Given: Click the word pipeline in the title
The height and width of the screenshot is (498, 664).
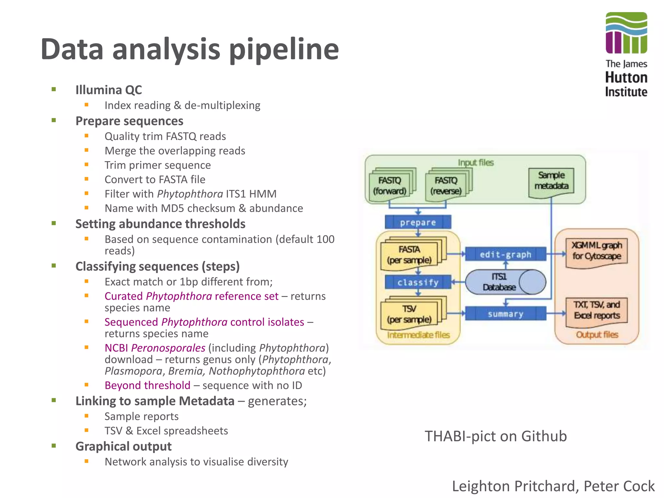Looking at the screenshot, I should (x=284, y=49).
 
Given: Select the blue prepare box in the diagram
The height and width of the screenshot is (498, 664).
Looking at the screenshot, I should (x=418, y=222).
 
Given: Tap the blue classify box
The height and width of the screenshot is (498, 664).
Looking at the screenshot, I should (x=418, y=282).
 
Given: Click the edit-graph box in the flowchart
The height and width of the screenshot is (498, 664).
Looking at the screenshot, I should (x=505, y=255).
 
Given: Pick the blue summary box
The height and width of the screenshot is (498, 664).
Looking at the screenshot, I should (x=505, y=314).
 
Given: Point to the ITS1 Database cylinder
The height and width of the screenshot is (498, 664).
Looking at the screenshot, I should (x=505, y=282).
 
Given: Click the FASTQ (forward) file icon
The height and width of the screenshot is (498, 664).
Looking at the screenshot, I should (x=390, y=186).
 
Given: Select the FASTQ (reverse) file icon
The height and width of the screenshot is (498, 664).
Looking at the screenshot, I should (x=446, y=186).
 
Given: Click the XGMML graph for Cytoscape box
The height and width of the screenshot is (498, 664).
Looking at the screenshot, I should (x=597, y=251).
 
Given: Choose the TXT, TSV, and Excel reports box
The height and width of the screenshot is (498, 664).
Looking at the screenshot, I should (x=597, y=310).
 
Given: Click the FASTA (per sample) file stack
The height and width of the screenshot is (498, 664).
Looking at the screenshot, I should (x=409, y=255).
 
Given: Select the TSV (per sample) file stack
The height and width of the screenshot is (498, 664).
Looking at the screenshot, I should (x=409, y=314).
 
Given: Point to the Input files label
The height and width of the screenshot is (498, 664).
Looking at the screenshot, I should (x=476, y=162).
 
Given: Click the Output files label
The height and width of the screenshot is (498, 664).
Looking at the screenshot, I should (x=597, y=335).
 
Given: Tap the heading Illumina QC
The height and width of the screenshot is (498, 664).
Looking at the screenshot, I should (x=109, y=90).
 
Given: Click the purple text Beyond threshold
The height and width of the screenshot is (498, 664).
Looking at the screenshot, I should (x=148, y=385).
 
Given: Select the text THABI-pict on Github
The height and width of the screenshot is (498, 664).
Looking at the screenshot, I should (x=496, y=436).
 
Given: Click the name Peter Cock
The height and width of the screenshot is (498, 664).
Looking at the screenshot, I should (x=619, y=486).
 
